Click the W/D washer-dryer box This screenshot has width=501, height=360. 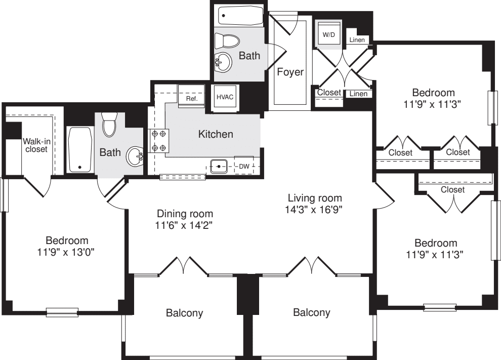coord(329,35)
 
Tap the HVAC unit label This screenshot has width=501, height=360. coord(225,97)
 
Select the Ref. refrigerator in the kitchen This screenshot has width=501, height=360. coord(191,99)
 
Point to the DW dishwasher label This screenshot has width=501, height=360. coord(244,166)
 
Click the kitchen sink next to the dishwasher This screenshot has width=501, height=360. coord(219,166)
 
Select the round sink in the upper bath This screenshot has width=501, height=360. coord(223,62)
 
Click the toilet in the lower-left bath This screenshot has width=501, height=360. coord(110,125)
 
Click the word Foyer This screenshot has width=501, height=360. coord(290,72)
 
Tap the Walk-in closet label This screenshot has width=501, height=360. coord(35,145)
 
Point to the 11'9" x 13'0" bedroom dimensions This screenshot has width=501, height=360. coord(67,251)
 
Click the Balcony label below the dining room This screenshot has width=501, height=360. coord(185,313)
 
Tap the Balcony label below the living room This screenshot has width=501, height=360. coord(311,313)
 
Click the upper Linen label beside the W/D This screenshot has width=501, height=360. coord(358,40)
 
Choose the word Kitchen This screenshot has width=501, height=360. coord(216,134)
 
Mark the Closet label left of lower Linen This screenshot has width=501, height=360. coord(329,93)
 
